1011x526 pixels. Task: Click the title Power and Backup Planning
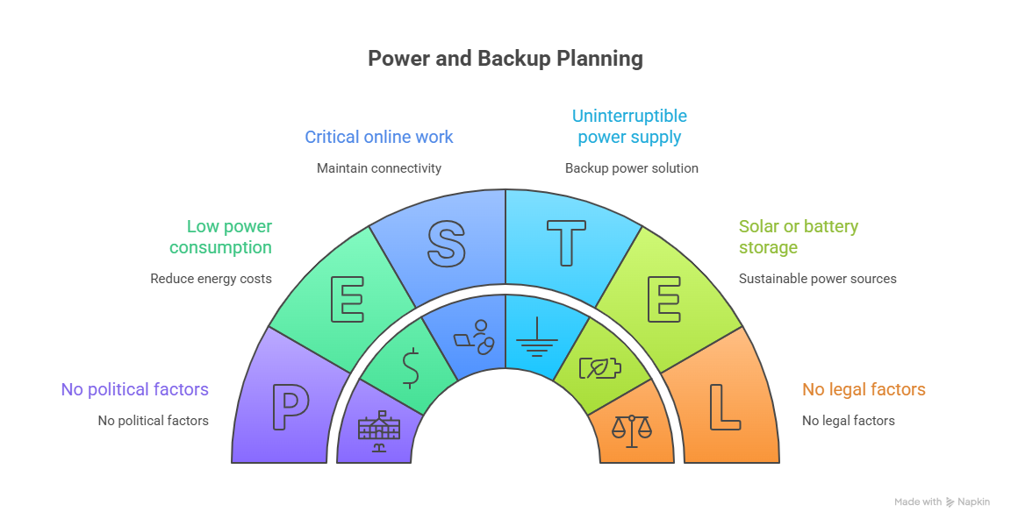point(505,59)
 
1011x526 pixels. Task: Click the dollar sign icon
point(410,368)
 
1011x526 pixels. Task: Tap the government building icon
point(380,431)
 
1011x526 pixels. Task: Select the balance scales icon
point(632,430)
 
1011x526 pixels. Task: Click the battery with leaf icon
point(600,367)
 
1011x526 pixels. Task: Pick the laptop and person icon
point(475,337)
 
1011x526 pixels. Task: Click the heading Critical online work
point(379,137)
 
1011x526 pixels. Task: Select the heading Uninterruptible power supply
point(629,126)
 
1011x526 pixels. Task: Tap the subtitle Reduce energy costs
point(211,279)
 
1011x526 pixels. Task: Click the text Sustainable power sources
point(817,279)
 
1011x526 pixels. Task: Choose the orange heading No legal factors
point(864,389)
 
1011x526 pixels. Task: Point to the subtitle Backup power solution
point(631,167)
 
